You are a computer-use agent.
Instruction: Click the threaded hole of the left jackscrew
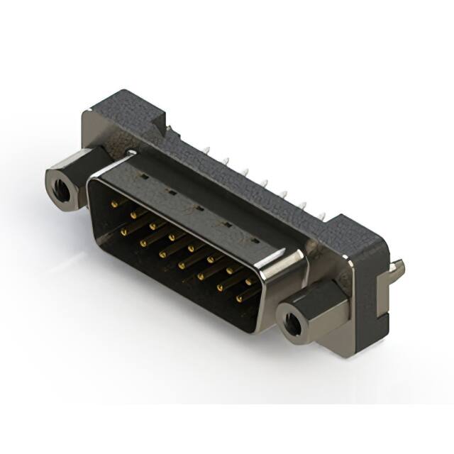coord(61,189)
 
